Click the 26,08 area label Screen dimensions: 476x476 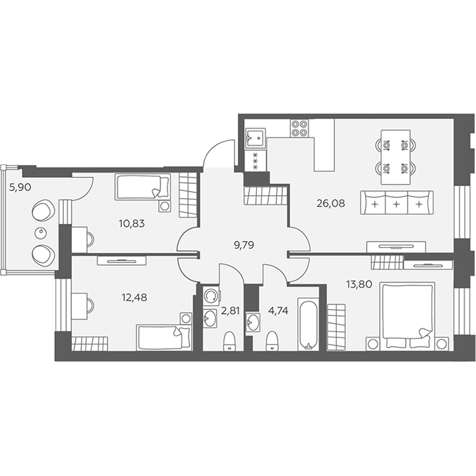click(x=331, y=203)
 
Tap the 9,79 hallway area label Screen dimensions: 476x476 click(x=244, y=245)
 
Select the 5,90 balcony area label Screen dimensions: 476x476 click(x=20, y=187)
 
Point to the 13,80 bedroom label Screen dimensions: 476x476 click(x=359, y=284)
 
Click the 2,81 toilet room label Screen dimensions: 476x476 click(x=230, y=311)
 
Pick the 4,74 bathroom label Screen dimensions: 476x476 click(x=278, y=311)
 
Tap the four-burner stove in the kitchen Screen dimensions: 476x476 click(x=299, y=128)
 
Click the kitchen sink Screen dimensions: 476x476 click(x=255, y=138)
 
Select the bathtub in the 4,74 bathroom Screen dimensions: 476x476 click(x=308, y=324)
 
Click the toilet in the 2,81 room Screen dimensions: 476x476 click(x=230, y=342)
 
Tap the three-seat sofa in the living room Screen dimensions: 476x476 click(x=397, y=203)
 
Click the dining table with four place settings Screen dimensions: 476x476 click(x=396, y=157)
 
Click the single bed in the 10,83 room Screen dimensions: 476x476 click(x=143, y=187)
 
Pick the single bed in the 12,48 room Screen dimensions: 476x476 click(x=164, y=337)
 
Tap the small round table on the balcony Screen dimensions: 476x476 click(x=40, y=233)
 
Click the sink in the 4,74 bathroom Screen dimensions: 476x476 click(x=253, y=322)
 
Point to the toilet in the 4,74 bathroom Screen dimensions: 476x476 click(x=272, y=341)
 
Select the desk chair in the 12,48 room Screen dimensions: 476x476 click(x=91, y=306)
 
